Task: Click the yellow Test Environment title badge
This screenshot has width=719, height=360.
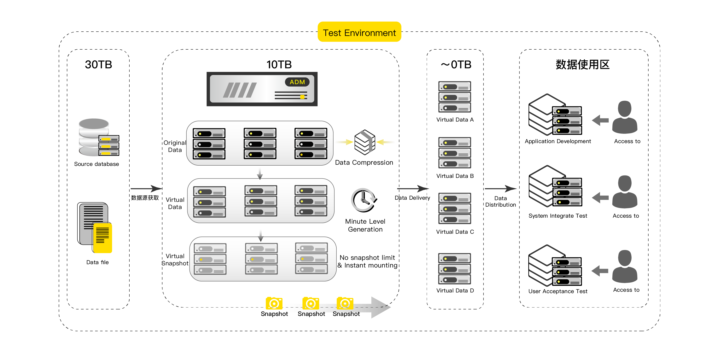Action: [x=359, y=32]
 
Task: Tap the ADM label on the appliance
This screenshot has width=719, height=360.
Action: [x=297, y=82]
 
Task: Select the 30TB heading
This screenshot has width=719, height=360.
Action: [x=98, y=64]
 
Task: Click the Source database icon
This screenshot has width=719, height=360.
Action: [x=99, y=137]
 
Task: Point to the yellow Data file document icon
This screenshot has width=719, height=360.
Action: [x=103, y=237]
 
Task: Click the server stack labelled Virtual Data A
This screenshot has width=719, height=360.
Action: [x=455, y=97]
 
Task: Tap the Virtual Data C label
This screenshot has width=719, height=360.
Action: [x=455, y=232]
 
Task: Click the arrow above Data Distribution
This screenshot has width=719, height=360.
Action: [x=500, y=189]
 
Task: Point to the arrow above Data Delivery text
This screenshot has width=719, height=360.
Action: [x=413, y=189]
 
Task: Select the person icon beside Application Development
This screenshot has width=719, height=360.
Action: [x=625, y=117]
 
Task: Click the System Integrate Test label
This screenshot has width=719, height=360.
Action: [x=558, y=216]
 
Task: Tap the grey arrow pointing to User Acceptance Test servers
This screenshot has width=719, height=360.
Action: [x=600, y=271]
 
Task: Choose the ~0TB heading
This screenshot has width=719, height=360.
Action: [x=456, y=64]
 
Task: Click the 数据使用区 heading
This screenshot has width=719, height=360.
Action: [x=583, y=64]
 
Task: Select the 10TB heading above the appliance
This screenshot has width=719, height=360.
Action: [x=279, y=64]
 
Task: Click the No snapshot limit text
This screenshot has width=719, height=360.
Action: [x=367, y=257]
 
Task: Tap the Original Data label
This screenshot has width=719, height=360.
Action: [x=175, y=146]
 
